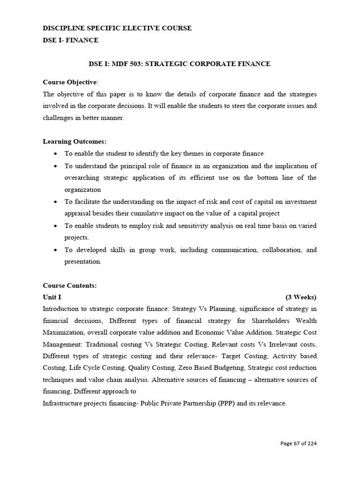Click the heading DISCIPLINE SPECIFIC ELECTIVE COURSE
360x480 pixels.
pos(117,28)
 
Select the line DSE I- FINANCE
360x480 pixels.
pos(71,40)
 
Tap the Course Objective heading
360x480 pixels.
pos(70,82)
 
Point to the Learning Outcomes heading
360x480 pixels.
pos(75,141)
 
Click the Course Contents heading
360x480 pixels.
pos(70,285)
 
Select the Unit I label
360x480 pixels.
pos(52,297)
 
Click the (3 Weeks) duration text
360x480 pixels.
pos(300,297)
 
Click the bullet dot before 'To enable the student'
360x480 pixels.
pos(56,154)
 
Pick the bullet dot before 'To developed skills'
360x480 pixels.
pos(56,250)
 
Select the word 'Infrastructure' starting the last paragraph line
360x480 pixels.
pos(63,403)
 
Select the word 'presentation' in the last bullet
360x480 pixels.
pos(82,262)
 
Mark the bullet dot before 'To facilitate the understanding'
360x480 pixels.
pos(56,202)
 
